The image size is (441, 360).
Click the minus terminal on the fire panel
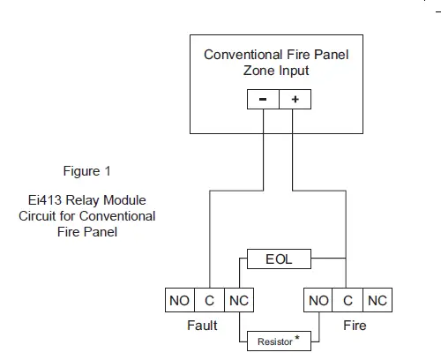(263, 101)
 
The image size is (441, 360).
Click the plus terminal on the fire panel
(295, 101)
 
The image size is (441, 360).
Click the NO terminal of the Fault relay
(179, 301)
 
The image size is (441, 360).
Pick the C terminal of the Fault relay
(209, 301)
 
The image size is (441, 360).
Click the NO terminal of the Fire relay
(318, 301)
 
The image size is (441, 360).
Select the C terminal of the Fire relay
(348, 301)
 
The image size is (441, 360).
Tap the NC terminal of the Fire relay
(377, 301)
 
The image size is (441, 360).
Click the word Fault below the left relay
(204, 326)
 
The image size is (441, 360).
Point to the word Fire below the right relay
(355, 326)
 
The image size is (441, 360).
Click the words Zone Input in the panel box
(276, 71)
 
